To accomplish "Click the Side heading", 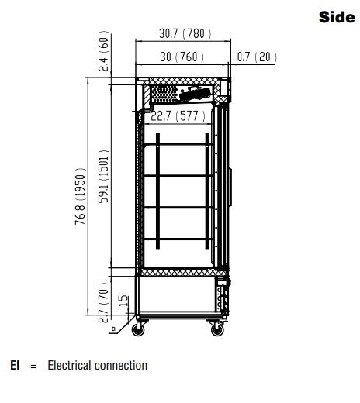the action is (337, 17).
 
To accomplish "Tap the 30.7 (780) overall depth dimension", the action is (185, 33).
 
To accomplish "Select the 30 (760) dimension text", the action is (182, 57).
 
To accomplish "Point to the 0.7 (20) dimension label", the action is (257, 57).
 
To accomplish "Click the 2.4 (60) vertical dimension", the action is (104, 51).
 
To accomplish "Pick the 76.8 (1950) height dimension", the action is (80, 196).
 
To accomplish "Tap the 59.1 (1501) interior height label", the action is (104, 177).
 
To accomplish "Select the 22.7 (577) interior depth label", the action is (178, 116).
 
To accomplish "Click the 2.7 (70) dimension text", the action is (104, 302).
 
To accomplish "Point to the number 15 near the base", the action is (123, 301).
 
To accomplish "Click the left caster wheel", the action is (138, 330).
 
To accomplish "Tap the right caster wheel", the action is (217, 330).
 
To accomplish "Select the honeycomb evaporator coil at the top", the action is (164, 94).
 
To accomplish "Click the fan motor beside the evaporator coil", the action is (196, 94).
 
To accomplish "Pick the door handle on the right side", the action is (230, 188).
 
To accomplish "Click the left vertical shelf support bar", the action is (157, 191).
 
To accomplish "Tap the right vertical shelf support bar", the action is (207, 191).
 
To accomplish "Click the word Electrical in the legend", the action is (70, 366).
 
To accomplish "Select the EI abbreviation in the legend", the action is (15, 366).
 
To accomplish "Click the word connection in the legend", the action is (121, 366).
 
